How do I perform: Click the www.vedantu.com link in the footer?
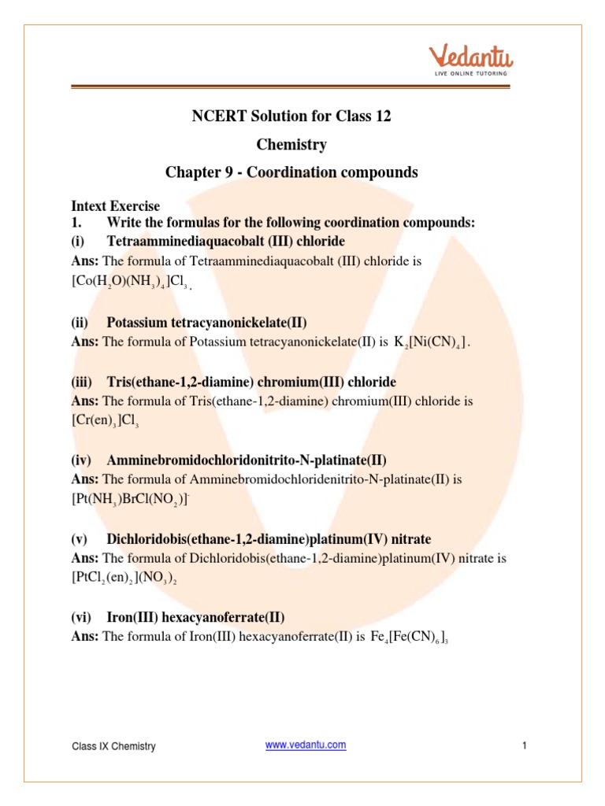point(306,745)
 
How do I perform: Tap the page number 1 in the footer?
point(524,745)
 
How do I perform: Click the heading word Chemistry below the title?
point(291,144)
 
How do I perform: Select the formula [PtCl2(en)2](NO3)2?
point(131,578)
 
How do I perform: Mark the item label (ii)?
point(80,322)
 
